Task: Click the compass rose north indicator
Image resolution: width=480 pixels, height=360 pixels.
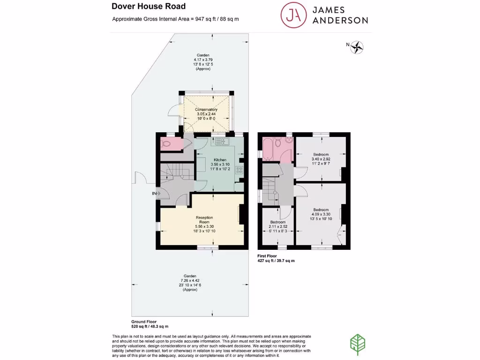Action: [x=357, y=46]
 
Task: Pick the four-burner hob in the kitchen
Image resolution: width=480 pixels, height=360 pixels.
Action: [x=241, y=170]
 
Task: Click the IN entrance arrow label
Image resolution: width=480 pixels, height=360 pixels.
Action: [x=154, y=193]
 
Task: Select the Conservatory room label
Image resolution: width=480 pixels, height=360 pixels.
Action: [x=206, y=109]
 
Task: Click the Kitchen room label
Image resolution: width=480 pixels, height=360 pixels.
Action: [x=220, y=160]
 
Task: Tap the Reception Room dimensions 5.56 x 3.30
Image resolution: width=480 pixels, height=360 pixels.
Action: [x=204, y=226]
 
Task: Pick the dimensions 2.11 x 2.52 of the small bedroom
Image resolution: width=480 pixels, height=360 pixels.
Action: [x=278, y=226]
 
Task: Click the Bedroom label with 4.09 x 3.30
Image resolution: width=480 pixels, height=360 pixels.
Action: [x=321, y=210]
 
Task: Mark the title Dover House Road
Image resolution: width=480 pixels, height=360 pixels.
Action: [x=149, y=7]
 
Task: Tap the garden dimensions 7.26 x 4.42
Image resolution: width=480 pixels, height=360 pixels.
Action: [x=190, y=281]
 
